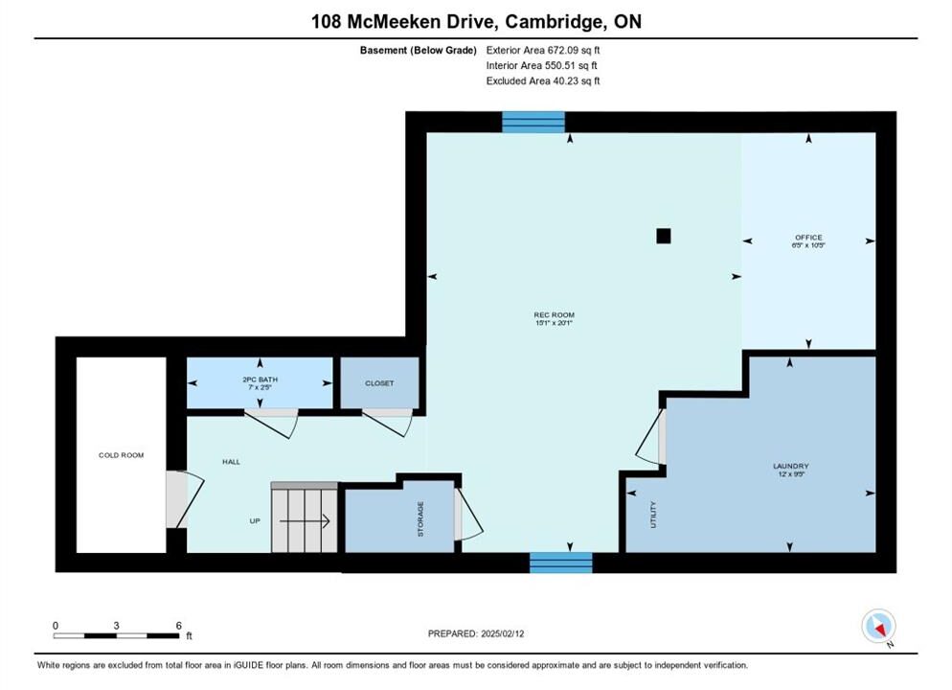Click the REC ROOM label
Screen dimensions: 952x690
click(554, 314)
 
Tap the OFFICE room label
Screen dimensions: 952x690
click(808, 238)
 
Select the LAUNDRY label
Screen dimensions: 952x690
click(790, 466)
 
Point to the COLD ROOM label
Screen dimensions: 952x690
click(122, 455)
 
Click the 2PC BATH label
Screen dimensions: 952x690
click(260, 379)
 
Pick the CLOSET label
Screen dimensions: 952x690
click(379, 383)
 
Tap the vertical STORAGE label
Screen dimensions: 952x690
click(420, 518)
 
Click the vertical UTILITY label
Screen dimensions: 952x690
click(653, 515)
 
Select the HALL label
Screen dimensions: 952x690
click(232, 462)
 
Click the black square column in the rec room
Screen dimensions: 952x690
click(664, 236)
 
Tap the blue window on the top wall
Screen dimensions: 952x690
click(533, 122)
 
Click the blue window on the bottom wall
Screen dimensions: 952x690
click(561, 563)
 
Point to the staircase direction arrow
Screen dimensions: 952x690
click(305, 521)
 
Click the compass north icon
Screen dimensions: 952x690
click(878, 626)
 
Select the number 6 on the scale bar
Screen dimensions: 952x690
click(178, 625)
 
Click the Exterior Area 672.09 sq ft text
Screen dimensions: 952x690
click(543, 51)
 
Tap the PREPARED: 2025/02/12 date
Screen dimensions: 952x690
click(476, 633)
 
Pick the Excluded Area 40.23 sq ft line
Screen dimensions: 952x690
click(543, 80)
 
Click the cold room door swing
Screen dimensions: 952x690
click(185, 499)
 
